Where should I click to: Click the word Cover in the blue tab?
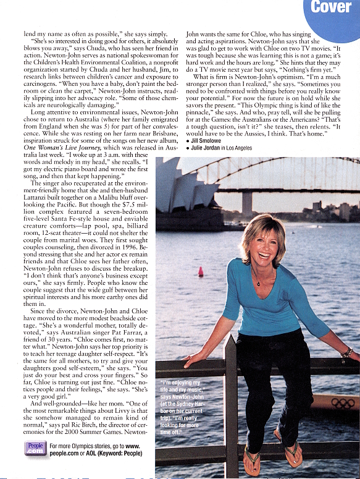point(331,7)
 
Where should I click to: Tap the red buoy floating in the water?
point(200,271)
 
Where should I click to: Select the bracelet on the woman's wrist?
point(347,355)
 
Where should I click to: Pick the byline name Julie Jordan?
point(210,148)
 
